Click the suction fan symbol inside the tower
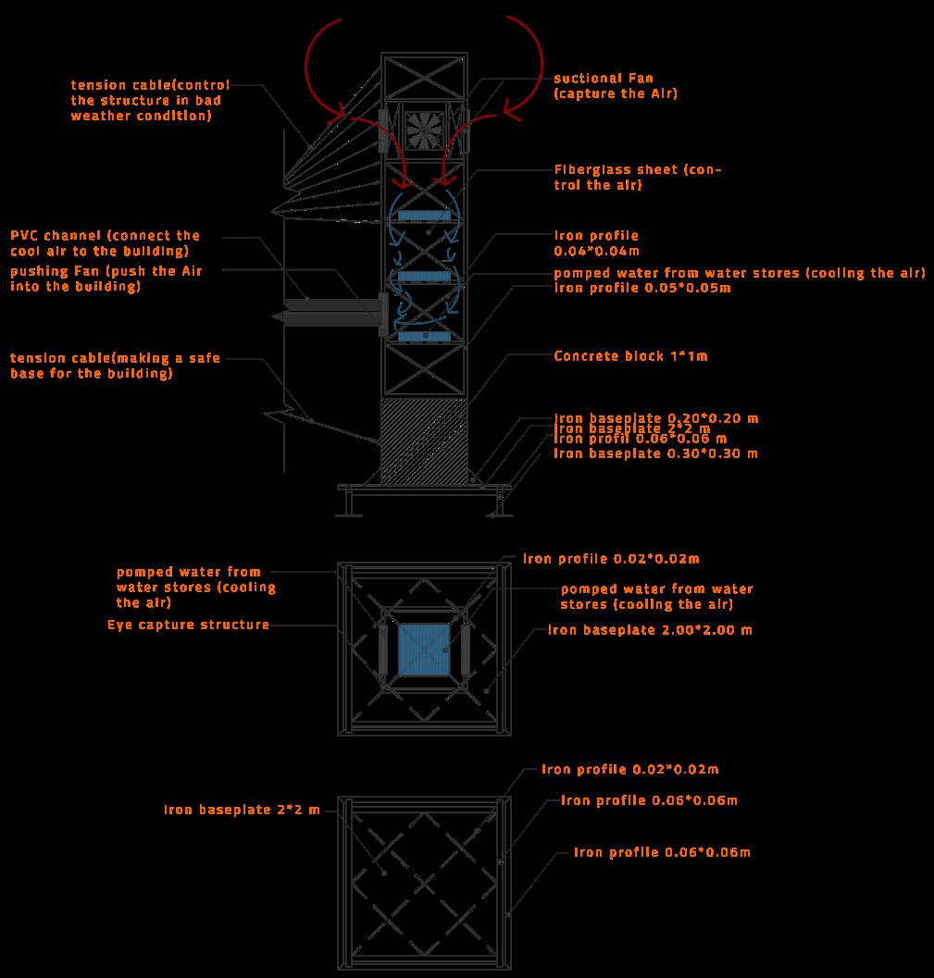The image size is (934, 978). click(424, 130)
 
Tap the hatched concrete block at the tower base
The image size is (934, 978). click(424, 440)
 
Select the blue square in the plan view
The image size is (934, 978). click(424, 649)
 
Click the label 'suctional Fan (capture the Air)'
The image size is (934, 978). click(616, 86)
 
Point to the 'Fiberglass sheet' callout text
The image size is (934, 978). click(637, 177)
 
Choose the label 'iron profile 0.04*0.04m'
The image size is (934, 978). click(596, 242)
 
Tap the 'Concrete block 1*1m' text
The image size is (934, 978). click(630, 355)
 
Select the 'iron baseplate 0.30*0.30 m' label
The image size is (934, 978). click(655, 453)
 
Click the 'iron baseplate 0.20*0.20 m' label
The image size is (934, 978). click(655, 418)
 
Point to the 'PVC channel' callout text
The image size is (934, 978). click(105, 242)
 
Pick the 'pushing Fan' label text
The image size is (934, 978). click(106, 279)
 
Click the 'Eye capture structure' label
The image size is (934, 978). click(188, 625)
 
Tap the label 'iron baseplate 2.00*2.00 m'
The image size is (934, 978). click(650, 630)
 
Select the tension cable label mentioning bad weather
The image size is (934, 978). click(150, 100)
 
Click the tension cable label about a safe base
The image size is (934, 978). click(115, 365)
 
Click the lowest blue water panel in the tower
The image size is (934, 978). click(424, 336)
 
